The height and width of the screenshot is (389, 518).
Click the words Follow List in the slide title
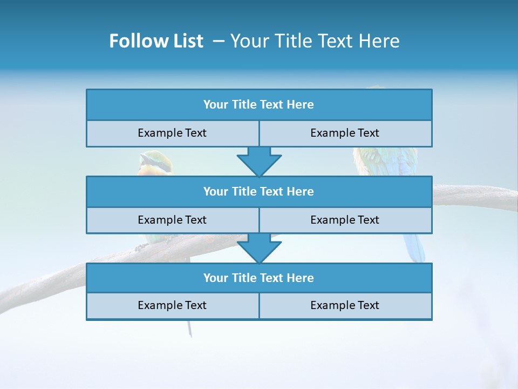click(156, 41)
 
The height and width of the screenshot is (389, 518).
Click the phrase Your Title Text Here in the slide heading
click(315, 41)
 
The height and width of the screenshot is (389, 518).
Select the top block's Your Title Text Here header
click(258, 105)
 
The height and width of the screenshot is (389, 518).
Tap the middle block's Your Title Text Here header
click(258, 191)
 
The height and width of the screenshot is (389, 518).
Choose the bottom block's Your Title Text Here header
click(258, 278)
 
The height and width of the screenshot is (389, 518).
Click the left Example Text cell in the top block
click(172, 133)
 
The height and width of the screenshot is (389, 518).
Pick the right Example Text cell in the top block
click(345, 133)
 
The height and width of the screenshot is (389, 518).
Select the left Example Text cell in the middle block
click(172, 220)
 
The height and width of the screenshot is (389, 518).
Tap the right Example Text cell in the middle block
click(345, 220)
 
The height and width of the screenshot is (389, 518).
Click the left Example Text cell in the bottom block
click(172, 305)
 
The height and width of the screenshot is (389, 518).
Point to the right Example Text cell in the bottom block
click(345, 305)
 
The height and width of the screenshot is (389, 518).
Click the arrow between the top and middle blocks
click(259, 161)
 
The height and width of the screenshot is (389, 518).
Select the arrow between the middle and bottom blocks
click(259, 248)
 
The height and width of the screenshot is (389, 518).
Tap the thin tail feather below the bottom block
click(189, 328)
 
